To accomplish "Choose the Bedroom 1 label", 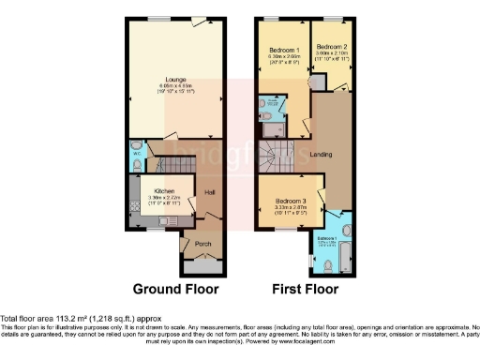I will click(284, 49).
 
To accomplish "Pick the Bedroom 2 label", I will click(331, 46).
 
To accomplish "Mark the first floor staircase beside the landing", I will click(277, 155).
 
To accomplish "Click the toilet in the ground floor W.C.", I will click(138, 164).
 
